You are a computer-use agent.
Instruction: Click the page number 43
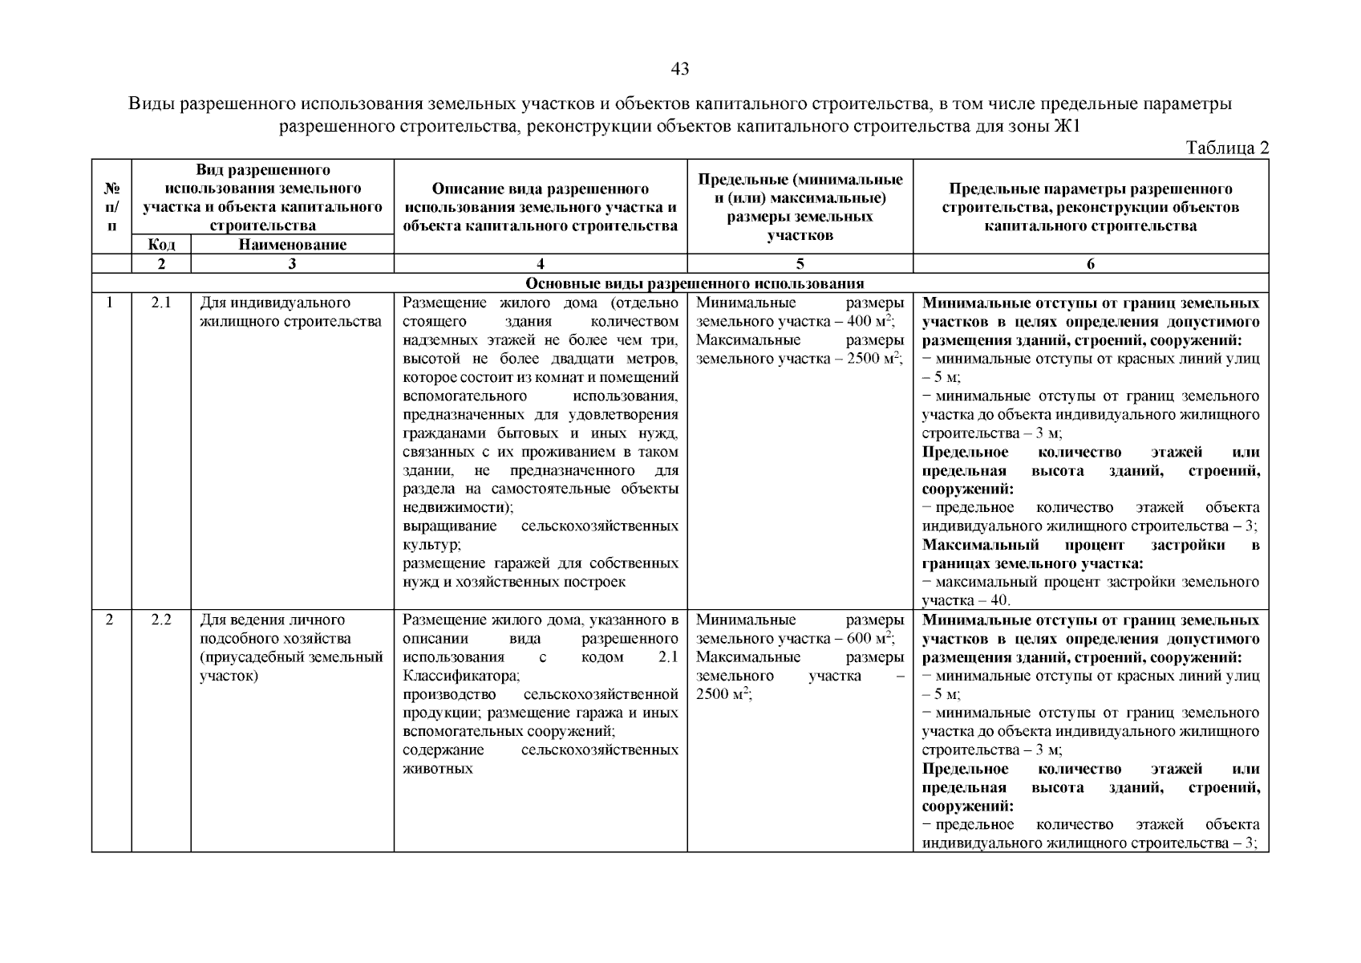tap(679, 70)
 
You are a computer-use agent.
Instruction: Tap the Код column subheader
tap(161, 245)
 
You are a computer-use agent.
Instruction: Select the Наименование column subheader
tap(292, 245)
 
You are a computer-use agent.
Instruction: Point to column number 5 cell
tap(800, 264)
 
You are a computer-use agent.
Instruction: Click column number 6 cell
tap(1091, 264)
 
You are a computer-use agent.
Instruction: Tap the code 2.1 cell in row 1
tap(161, 303)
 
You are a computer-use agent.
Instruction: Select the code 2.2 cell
tap(161, 620)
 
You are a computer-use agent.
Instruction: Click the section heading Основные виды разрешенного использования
tap(695, 283)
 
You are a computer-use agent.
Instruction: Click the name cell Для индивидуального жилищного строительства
tap(290, 313)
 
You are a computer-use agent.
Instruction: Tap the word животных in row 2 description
tap(437, 769)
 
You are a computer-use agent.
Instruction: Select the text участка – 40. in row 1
tap(966, 601)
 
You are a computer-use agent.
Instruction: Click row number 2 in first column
tap(110, 620)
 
